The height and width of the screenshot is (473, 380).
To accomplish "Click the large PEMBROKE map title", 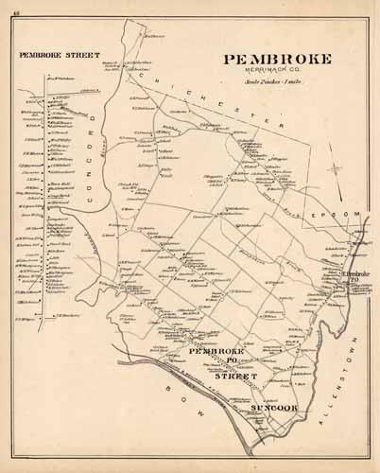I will [x=278, y=60].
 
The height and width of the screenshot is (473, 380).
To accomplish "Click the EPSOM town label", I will [x=343, y=215].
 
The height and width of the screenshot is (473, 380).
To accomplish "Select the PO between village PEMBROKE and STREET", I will [x=228, y=363].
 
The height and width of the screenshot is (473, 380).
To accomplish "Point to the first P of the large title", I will [x=229, y=60].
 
